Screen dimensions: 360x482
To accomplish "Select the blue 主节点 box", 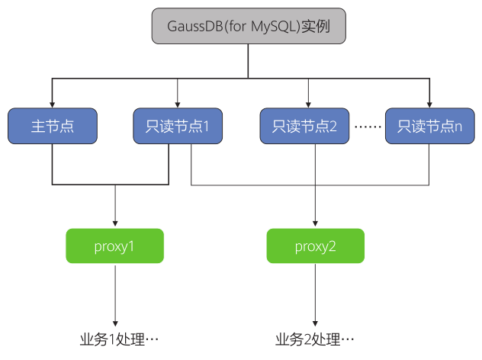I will click(x=53, y=127).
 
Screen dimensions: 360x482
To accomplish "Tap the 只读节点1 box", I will click(x=178, y=127).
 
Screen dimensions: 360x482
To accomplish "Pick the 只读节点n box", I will click(x=429, y=127).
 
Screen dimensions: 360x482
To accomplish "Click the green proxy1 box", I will click(x=115, y=246).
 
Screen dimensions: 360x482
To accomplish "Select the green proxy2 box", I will click(x=316, y=246).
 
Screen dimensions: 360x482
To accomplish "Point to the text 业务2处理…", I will click(x=316, y=339).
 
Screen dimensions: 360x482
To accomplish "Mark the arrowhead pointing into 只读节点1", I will click(x=178, y=105).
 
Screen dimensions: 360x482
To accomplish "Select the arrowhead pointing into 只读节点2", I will click(x=308, y=105).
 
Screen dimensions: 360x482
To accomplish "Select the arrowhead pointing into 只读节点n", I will click(x=429, y=105).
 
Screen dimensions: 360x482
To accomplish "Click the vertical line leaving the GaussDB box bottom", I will click(x=248, y=61).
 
